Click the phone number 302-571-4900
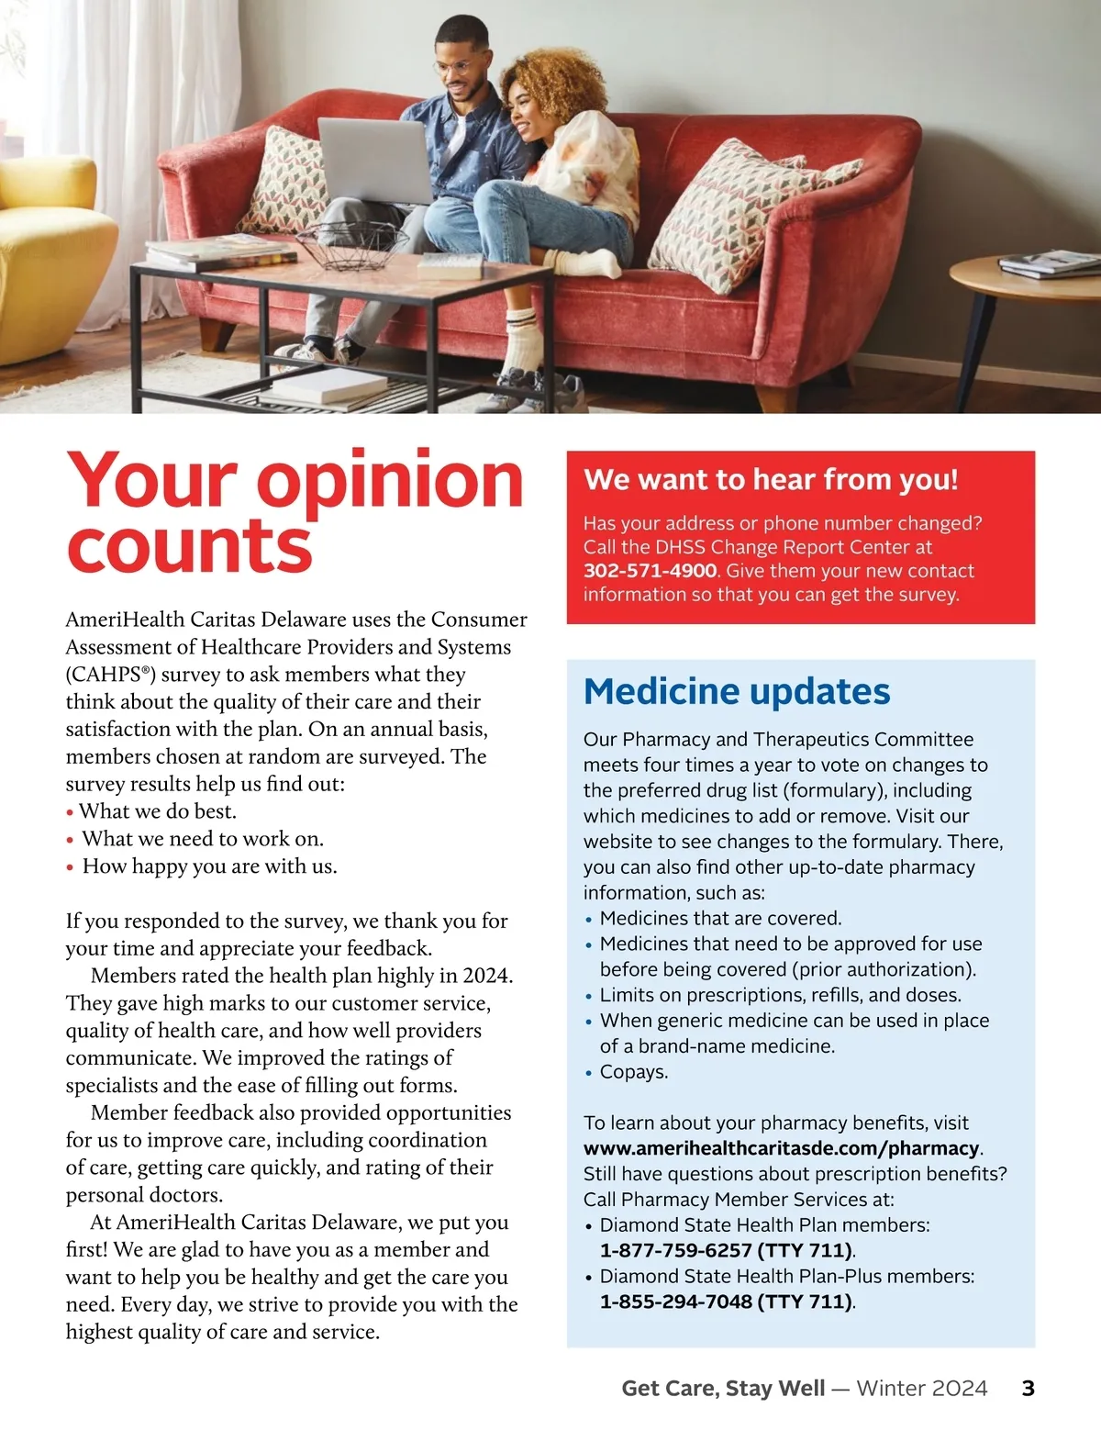tap(650, 571)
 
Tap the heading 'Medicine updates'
tap(736, 691)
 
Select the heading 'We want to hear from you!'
tap(771, 479)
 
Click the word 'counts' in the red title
tap(189, 547)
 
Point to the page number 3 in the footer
tap(1028, 1388)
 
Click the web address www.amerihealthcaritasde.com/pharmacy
tap(782, 1148)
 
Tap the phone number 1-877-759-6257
tap(675, 1250)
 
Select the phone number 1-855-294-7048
tap(675, 1302)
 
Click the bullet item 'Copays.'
tap(633, 1071)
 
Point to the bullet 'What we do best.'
tap(157, 811)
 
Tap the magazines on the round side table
tap(1048, 263)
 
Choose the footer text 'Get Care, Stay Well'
tap(723, 1388)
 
